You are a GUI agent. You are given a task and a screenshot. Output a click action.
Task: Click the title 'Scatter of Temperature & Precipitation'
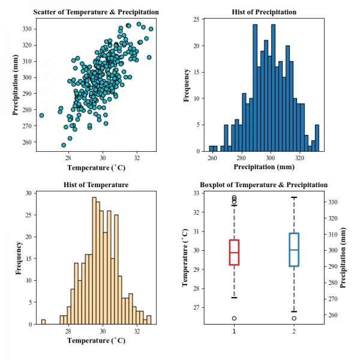click(x=96, y=12)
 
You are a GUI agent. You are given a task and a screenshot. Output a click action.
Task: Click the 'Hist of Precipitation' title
click(x=264, y=12)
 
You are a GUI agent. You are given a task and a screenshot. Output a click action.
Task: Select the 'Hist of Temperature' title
click(x=96, y=185)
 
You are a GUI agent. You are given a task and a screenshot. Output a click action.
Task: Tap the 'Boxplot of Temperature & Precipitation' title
click(x=264, y=185)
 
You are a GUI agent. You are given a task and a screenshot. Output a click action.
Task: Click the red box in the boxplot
click(x=234, y=252)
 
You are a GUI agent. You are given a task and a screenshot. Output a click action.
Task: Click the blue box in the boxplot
click(x=294, y=250)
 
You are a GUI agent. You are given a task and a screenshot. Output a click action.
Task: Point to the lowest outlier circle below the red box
click(x=234, y=318)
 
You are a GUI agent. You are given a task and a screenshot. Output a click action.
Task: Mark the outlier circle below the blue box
click(x=294, y=318)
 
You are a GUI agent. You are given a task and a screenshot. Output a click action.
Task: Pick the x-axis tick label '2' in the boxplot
click(x=294, y=331)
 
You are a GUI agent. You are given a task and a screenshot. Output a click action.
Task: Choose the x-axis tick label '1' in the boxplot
click(x=234, y=331)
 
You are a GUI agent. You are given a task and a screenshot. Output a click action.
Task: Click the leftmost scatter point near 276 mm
click(x=41, y=115)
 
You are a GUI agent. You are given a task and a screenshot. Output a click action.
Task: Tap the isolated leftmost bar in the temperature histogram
click(x=43, y=322)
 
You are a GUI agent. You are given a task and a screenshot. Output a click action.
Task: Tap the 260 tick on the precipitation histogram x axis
click(x=212, y=157)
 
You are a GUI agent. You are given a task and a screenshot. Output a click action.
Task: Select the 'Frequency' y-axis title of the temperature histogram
click(x=19, y=258)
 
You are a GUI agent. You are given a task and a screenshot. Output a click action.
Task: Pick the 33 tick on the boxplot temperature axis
click(x=196, y=193)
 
